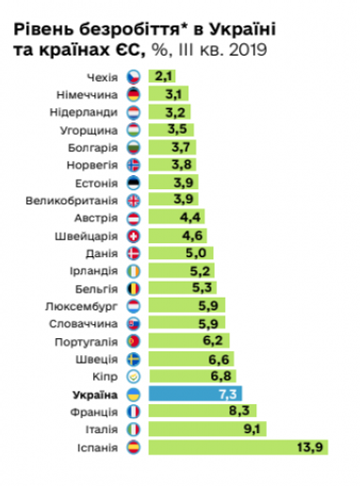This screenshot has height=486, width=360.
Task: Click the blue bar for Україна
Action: [195, 394]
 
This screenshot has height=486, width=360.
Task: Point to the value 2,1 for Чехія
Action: [164, 75]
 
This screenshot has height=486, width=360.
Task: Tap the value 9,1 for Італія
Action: [252, 429]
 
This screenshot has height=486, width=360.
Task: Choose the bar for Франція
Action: [202, 412]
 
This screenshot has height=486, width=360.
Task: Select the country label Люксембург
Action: [82, 305]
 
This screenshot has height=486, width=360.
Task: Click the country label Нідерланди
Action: [85, 111]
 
